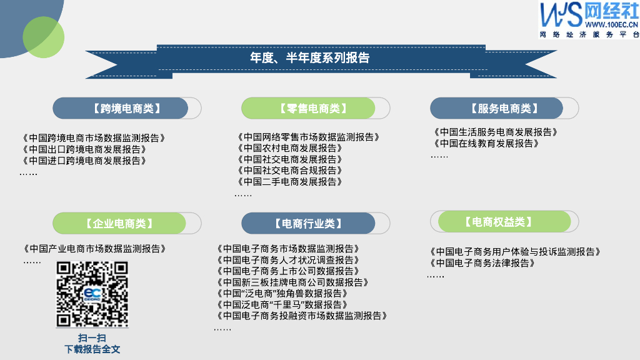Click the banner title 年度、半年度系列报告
tap(310, 58)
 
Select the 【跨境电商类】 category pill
tap(127, 108)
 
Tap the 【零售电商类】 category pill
tap(316, 108)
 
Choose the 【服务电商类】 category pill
tap(504, 108)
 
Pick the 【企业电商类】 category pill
tap(127, 223)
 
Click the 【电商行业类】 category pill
tap(316, 223)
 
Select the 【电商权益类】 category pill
tap(504, 222)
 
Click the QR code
tap(92, 294)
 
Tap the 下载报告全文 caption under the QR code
tap(92, 349)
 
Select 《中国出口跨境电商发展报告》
tap(84, 149)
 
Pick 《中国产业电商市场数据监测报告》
tap(94, 249)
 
